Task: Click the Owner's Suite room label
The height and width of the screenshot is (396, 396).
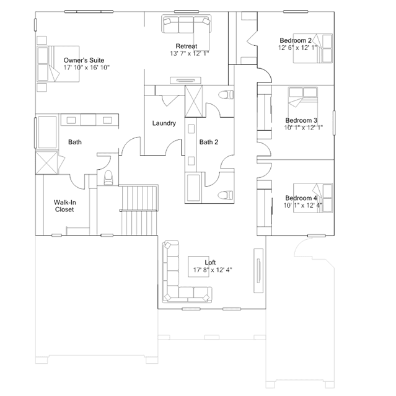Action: pyautogui.click(x=84, y=60)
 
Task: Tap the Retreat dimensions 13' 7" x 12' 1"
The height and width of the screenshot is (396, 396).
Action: pyautogui.click(x=190, y=53)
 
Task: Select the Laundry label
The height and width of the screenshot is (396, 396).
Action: pyautogui.click(x=164, y=123)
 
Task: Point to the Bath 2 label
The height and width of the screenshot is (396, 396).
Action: pyautogui.click(x=209, y=142)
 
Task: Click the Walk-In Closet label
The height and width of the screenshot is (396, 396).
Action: pyautogui.click(x=64, y=206)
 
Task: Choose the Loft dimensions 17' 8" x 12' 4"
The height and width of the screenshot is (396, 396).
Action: pyautogui.click(x=213, y=270)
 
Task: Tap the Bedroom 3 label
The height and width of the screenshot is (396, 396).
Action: pyautogui.click(x=301, y=120)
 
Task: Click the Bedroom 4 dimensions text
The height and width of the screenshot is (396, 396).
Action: pyautogui.click(x=303, y=205)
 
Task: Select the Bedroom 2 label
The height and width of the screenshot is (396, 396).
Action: pyautogui.click(x=296, y=40)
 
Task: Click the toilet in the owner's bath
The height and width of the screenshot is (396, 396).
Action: pyautogui.click(x=108, y=177)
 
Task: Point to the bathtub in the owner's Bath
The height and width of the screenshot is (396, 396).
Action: pyautogui.click(x=47, y=132)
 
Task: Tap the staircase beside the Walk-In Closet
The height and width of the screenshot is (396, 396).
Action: pyautogui.click(x=139, y=210)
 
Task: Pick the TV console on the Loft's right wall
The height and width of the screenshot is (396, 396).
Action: pyautogui.click(x=258, y=271)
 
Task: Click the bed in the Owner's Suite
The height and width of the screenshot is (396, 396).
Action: pyautogui.click(x=58, y=64)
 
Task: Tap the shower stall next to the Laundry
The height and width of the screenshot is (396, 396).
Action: pyautogui.click(x=194, y=101)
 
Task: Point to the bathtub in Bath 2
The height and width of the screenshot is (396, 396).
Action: pyautogui.click(x=193, y=187)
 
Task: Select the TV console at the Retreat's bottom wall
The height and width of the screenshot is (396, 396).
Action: pyautogui.click(x=186, y=81)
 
